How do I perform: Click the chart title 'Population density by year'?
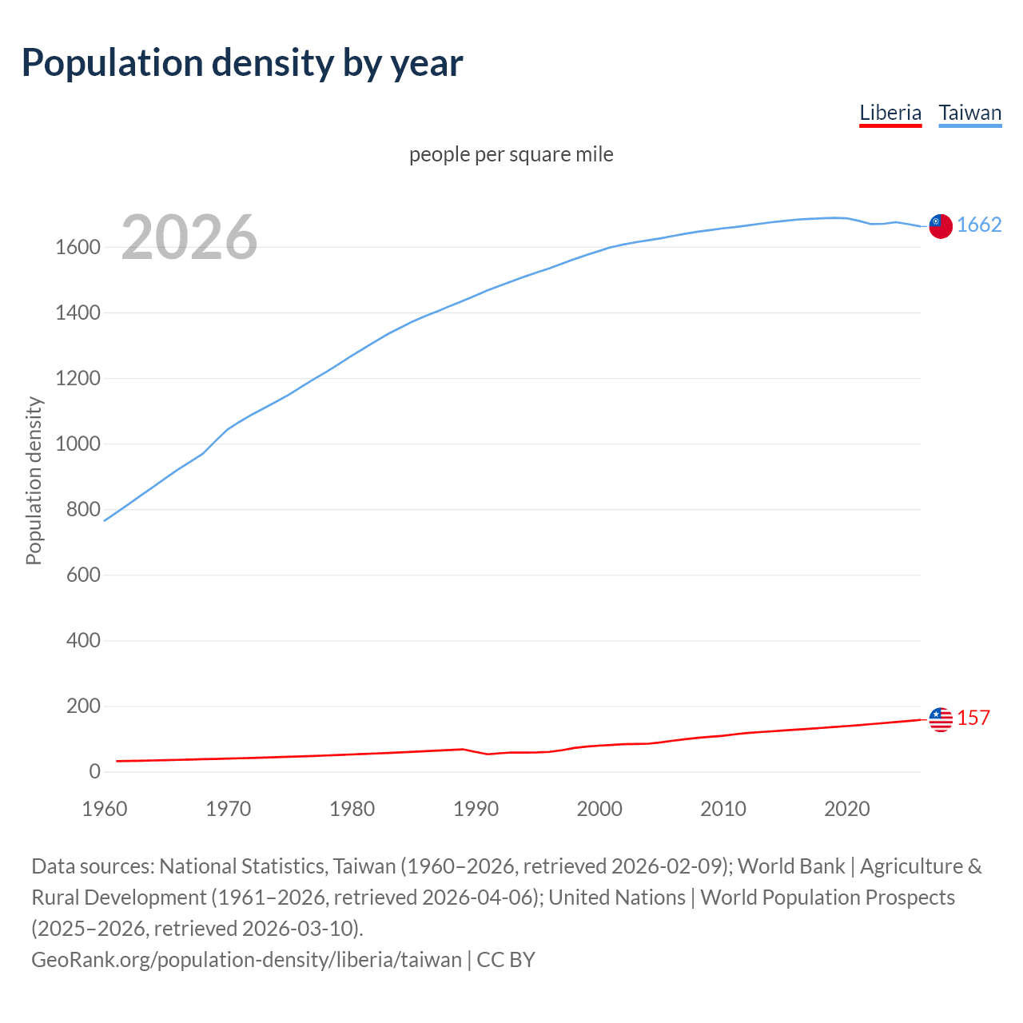coord(242,63)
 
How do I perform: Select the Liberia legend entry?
coord(890,113)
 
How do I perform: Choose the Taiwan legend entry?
coord(969,113)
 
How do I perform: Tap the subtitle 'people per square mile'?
coord(511,154)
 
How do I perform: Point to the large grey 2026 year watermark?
coord(189,237)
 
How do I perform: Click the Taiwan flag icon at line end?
coord(941,226)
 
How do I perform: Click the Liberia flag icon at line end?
coord(941,719)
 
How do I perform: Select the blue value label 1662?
coord(979,225)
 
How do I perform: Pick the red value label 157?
coord(973,718)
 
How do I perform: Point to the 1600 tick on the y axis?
coord(78,248)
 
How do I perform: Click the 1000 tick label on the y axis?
coord(78,444)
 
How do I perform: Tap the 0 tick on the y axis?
coord(94,772)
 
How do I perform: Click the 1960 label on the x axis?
coord(105,809)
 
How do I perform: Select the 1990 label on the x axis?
coord(476,809)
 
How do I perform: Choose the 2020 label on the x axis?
coord(846,809)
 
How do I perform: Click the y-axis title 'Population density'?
coord(34,481)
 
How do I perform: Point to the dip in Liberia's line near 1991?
coord(488,754)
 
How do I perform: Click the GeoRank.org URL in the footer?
coord(246,959)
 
